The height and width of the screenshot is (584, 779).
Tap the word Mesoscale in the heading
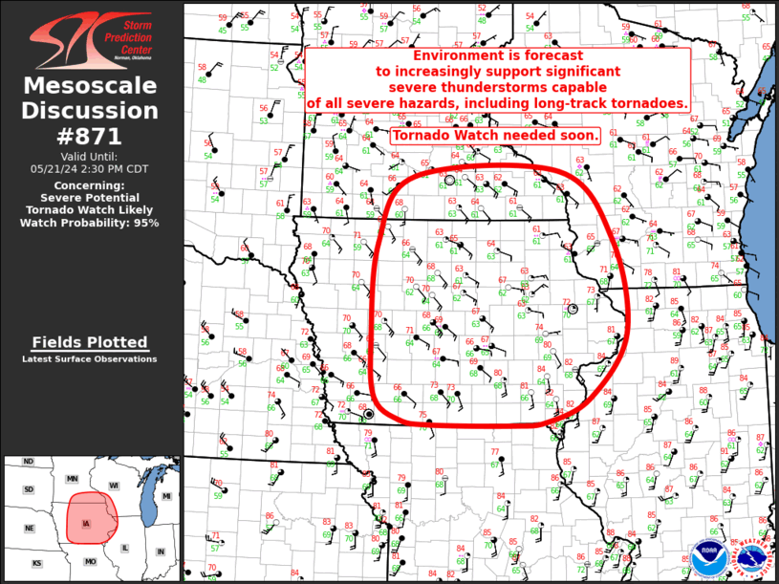(91, 88)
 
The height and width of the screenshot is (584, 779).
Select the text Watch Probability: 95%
(91, 222)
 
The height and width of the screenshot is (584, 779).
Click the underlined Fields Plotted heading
(90, 342)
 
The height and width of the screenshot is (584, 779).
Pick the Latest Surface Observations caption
(90, 359)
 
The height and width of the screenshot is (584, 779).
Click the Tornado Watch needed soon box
(495, 136)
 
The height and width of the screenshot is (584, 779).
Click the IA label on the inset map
(88, 524)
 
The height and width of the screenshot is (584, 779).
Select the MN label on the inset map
(72, 477)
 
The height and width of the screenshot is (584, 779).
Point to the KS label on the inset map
(36, 563)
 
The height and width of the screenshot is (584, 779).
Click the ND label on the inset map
(29, 463)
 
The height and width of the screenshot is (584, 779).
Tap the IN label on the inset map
(161, 552)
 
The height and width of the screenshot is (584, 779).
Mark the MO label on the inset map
(89, 561)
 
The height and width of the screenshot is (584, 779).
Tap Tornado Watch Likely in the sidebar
(91, 209)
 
